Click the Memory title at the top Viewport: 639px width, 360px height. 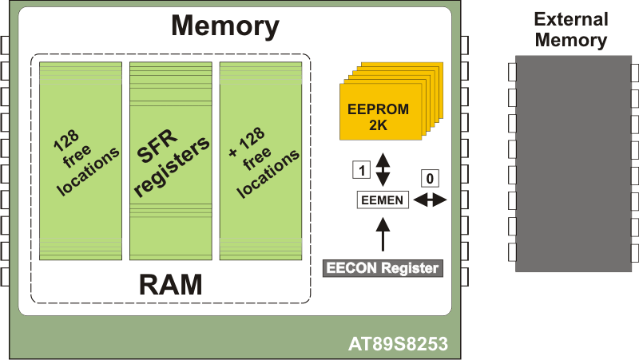[225, 26]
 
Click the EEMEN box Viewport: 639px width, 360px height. [383, 200]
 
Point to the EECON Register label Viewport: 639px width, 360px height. [383, 268]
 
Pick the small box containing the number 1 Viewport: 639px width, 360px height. [361, 170]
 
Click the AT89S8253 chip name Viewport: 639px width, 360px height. [398, 346]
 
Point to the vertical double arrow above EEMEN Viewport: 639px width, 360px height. [383, 168]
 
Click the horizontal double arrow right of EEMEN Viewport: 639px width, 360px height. [431, 200]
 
